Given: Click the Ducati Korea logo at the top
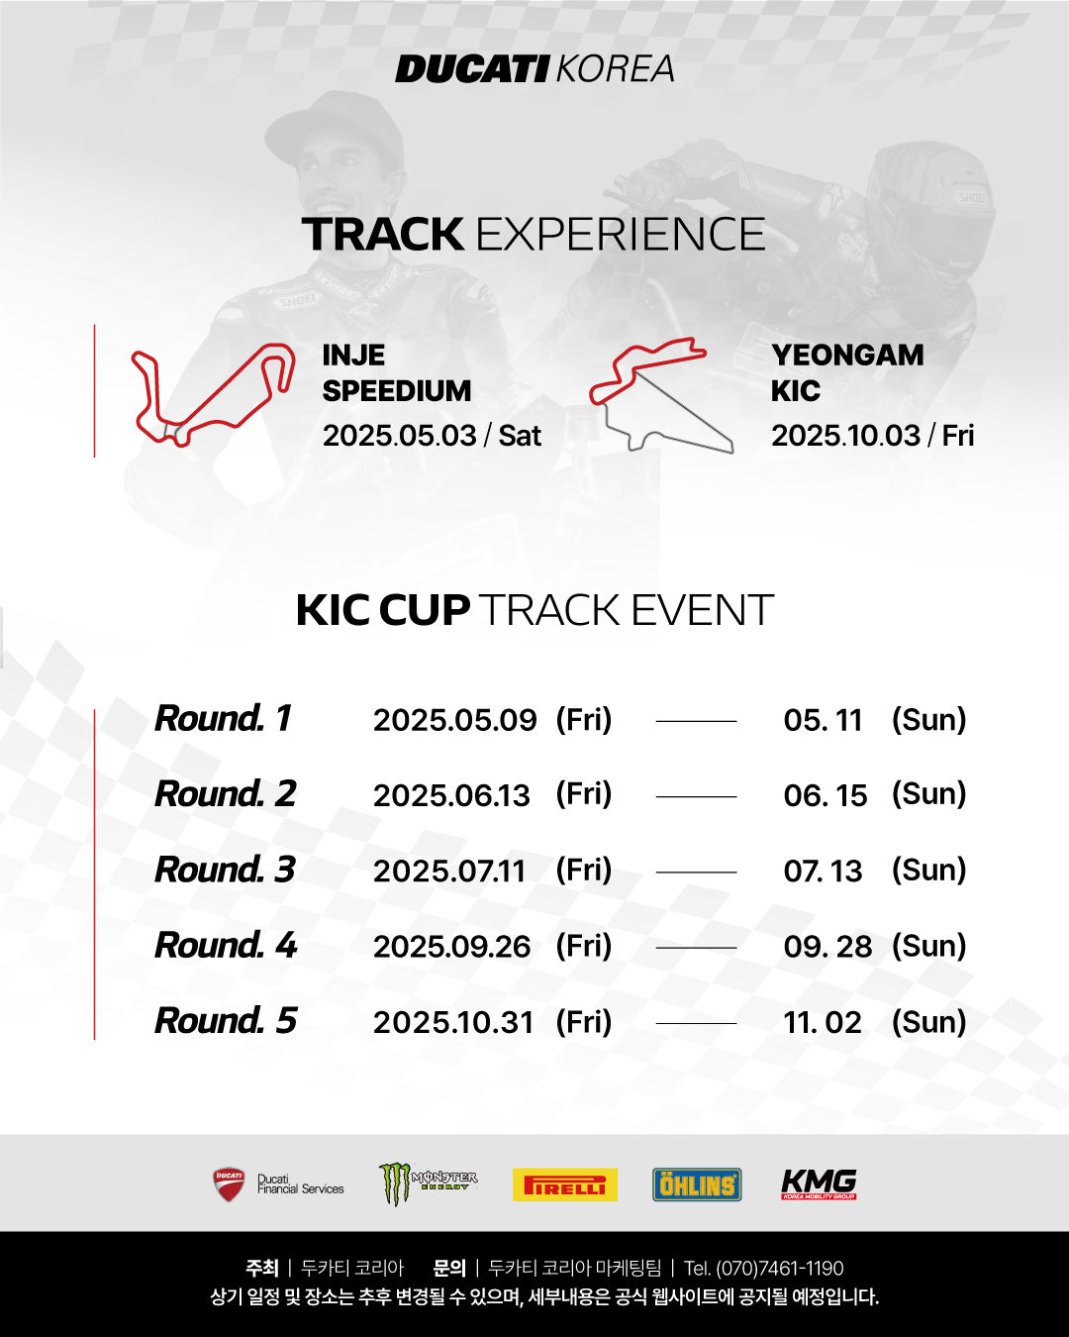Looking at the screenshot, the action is tap(534, 69).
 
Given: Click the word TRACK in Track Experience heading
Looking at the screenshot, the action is tap(383, 235).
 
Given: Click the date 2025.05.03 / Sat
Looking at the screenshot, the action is tap(432, 436).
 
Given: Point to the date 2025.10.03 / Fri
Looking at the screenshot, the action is tap(872, 436).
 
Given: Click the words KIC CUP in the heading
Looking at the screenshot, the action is tap(383, 610).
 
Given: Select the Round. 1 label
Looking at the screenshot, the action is tap(223, 719).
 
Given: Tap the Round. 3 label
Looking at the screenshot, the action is tap(225, 870).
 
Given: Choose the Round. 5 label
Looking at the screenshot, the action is tap(226, 1021).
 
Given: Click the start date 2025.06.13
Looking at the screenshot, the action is tap(451, 795).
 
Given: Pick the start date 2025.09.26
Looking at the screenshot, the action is tap(451, 946).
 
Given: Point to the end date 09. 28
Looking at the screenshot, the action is tap(827, 946).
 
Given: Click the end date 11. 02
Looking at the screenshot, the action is tap(823, 1022).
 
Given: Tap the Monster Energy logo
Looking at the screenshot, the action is tap(428, 1183).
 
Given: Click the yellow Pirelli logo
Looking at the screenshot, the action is tap(564, 1184).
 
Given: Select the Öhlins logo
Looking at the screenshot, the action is tap(697, 1184).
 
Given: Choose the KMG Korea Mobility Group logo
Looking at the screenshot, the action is tap(819, 1183).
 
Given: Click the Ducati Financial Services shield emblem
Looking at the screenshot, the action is tap(229, 1183).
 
